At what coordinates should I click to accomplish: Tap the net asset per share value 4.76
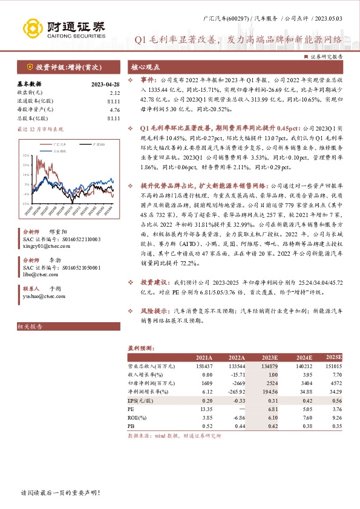115,110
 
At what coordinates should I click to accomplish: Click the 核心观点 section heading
145,68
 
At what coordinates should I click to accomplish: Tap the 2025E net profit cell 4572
333,383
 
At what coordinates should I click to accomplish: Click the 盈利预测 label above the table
139,349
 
